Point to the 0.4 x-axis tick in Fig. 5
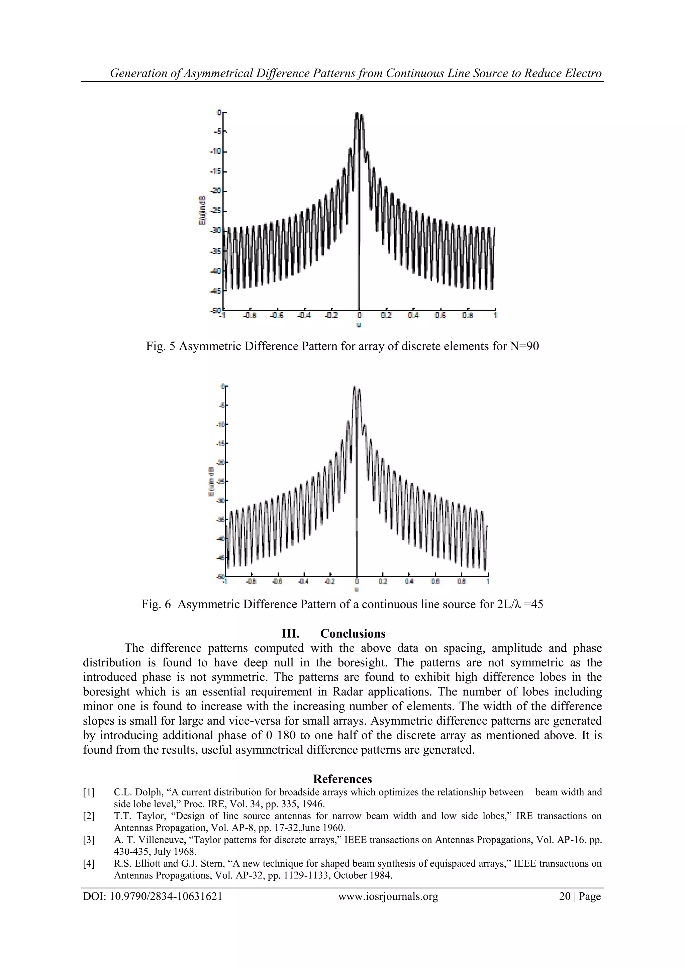coord(413,315)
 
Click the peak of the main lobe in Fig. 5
coord(357,113)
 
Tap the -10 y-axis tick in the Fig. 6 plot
coord(220,424)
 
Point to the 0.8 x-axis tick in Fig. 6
coord(462,581)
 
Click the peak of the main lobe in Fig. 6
coord(354,387)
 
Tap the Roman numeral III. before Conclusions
coord(290,634)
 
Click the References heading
coord(342,779)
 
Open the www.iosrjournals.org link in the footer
coord(388,896)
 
